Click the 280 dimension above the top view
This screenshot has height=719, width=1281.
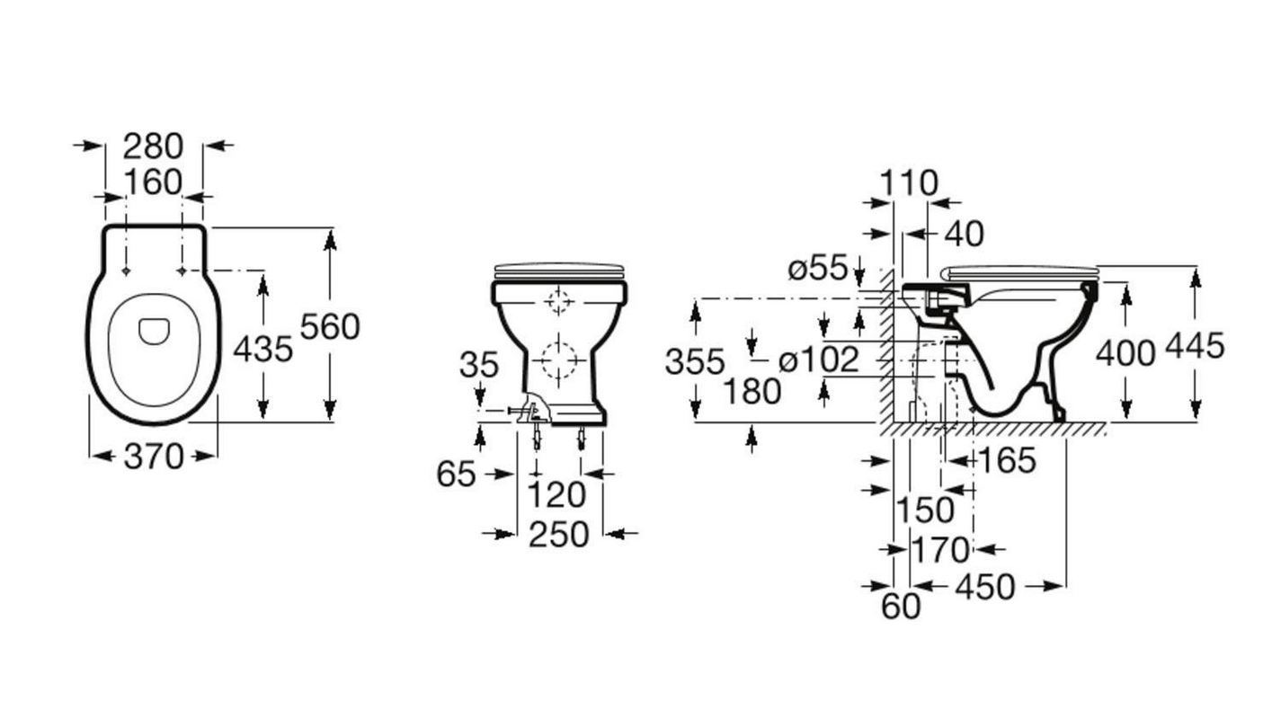[x=153, y=146]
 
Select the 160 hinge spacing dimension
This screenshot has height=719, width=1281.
[x=153, y=182]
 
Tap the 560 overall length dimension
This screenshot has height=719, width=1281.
[x=330, y=327]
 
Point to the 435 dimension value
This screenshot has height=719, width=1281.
[x=263, y=349]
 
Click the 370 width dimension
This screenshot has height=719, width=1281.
[x=154, y=457]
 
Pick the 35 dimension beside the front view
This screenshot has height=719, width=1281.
[x=479, y=365]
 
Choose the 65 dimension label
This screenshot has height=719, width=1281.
[x=456, y=475]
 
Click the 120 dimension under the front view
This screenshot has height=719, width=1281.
[x=556, y=495]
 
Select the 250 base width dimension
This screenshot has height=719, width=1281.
[x=559, y=535]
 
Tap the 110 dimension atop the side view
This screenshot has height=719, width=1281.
[x=909, y=182]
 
